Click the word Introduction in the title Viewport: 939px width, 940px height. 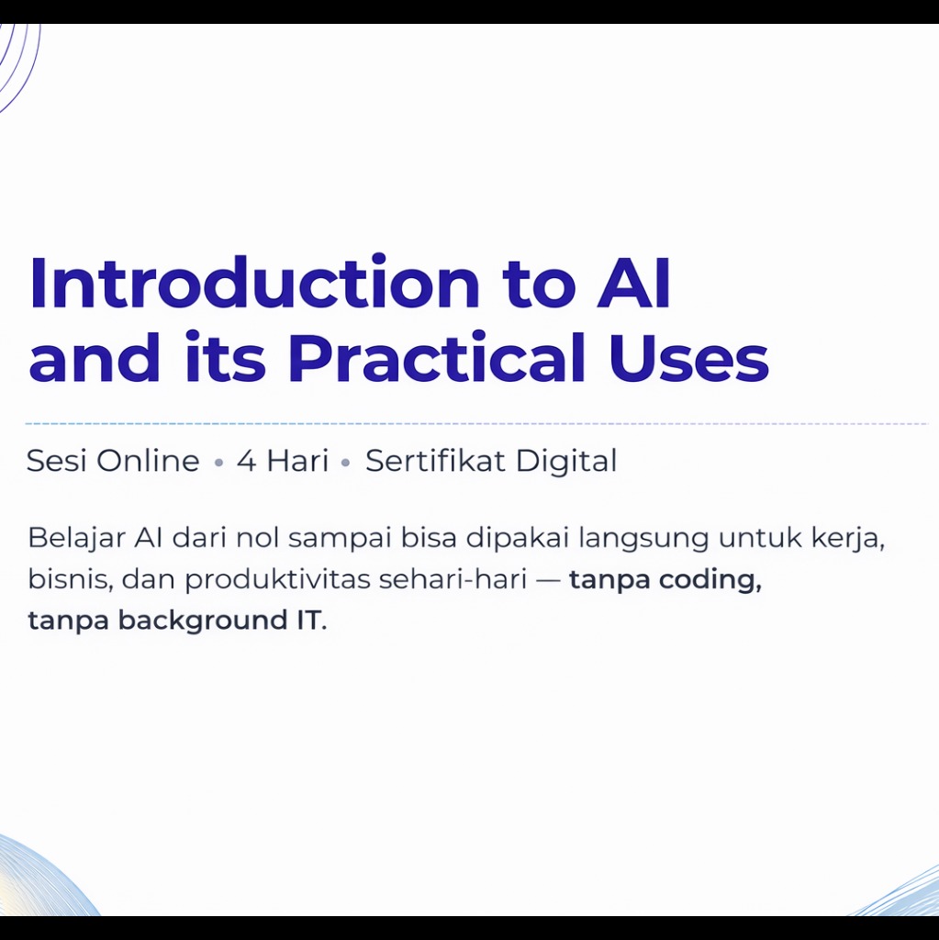(254, 282)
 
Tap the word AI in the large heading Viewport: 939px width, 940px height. (633, 283)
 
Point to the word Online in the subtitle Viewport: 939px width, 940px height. (148, 461)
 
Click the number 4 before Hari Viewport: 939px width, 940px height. (246, 461)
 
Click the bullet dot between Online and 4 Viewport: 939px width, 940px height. (218, 463)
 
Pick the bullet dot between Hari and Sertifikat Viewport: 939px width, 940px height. (345, 463)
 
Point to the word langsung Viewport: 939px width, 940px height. (643, 539)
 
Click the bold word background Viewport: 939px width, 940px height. (202, 620)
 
